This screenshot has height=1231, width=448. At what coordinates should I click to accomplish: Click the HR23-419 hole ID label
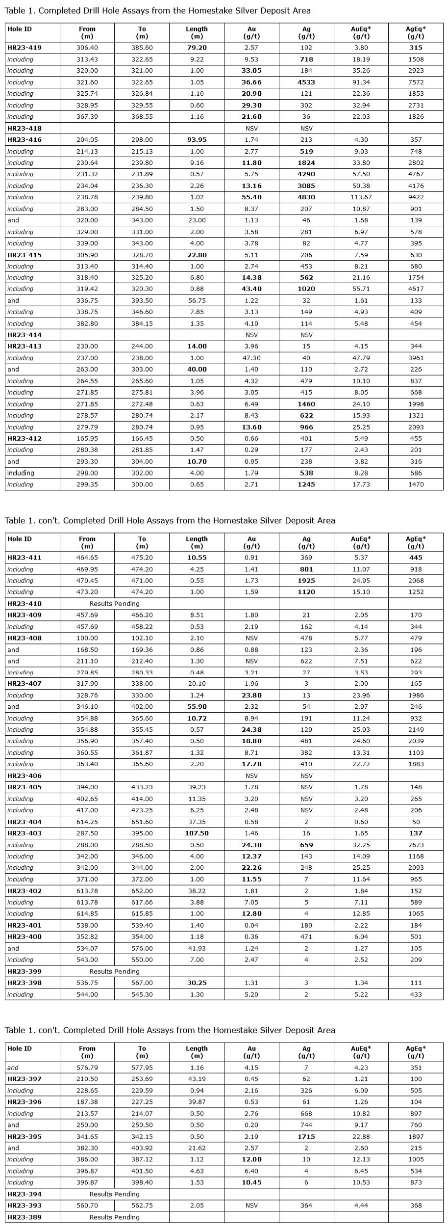[x=25, y=48]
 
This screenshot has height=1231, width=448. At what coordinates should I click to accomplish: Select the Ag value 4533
[x=306, y=82]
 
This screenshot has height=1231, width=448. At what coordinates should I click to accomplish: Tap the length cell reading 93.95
[x=197, y=140]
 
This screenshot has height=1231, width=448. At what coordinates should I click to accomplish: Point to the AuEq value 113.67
[x=361, y=197]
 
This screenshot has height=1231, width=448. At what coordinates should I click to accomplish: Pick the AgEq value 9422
[x=416, y=197]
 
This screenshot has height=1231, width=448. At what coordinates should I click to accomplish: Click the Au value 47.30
[x=251, y=358]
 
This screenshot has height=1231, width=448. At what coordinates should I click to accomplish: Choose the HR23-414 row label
[x=25, y=335]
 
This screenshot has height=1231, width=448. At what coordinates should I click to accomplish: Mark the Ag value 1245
[x=306, y=484]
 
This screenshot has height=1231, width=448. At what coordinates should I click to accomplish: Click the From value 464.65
[x=87, y=558]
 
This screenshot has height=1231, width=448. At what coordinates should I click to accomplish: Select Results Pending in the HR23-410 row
[x=115, y=604]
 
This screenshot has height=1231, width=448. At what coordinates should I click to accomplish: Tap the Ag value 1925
[x=306, y=581]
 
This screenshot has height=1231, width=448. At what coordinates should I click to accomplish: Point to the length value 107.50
[x=197, y=833]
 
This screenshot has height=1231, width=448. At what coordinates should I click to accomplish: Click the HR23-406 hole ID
[x=25, y=776]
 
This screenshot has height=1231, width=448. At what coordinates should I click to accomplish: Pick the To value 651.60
[x=142, y=822]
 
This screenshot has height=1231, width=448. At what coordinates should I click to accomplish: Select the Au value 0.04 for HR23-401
[x=251, y=925]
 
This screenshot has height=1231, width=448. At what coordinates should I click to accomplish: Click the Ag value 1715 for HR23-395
[x=306, y=1137]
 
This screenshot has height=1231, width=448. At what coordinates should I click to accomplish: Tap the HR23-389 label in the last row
[x=25, y=1217]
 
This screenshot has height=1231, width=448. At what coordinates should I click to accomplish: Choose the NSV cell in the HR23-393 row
[x=251, y=1205]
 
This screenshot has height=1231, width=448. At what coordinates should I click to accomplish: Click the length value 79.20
[x=197, y=48]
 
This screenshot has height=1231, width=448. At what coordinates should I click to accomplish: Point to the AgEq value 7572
[x=416, y=82]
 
